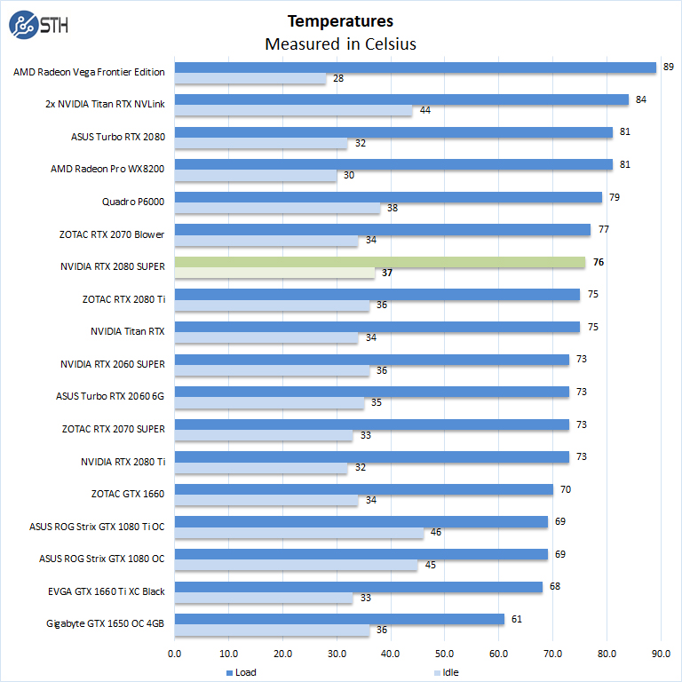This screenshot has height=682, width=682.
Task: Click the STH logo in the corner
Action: pyautogui.click(x=38, y=25)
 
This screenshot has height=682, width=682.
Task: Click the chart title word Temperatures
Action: pyautogui.click(x=340, y=21)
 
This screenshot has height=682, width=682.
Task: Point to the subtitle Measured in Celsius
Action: pyautogui.click(x=340, y=44)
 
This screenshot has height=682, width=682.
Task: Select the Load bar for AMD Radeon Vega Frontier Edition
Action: pyautogui.click(x=415, y=67)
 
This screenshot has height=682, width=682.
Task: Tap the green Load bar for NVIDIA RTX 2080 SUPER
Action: pyautogui.click(x=380, y=262)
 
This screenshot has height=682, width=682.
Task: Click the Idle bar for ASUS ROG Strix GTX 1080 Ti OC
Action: pyautogui.click(x=298, y=533)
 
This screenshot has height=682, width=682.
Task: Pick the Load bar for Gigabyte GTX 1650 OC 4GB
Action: pyautogui.click(x=339, y=619)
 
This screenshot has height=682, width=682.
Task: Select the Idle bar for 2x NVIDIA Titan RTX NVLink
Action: pyautogui.click(x=293, y=110)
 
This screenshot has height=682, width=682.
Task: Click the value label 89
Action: pyautogui.click(x=668, y=67)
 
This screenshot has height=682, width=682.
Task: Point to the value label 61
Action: pyautogui.click(x=516, y=619)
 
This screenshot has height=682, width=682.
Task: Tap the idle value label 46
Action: pyautogui.click(x=434, y=533)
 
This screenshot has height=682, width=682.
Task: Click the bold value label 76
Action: pyautogui.click(x=598, y=262)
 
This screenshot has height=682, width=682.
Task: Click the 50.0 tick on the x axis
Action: pyautogui.click(x=445, y=654)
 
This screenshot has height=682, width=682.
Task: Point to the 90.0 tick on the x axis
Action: pyautogui.click(x=661, y=654)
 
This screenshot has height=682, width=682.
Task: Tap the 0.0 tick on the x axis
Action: pyautogui.click(x=175, y=654)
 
